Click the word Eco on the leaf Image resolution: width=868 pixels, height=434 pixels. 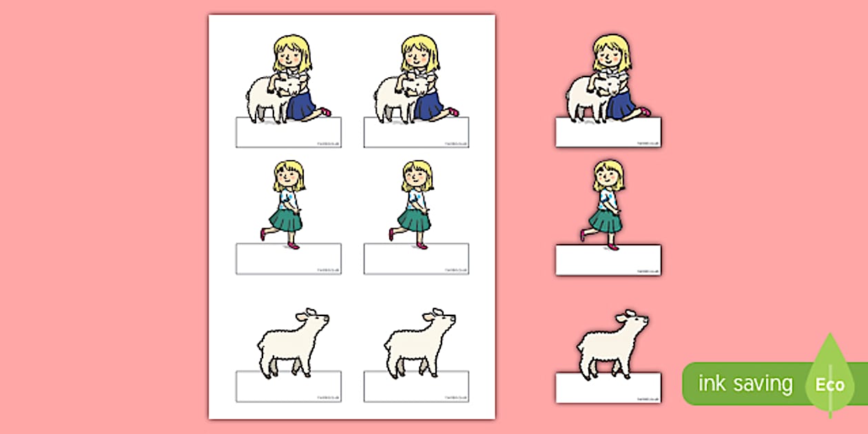[x=830, y=384]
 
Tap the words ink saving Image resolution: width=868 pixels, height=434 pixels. [x=745, y=384]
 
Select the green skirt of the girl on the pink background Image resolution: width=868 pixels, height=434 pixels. [x=606, y=220]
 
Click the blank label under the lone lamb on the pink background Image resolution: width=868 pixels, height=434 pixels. [x=608, y=388]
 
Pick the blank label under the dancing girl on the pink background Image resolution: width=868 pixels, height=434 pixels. [x=608, y=260]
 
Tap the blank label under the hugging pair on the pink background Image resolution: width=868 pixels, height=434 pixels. [x=608, y=132]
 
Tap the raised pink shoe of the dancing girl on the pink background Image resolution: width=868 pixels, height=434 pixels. [x=583, y=236]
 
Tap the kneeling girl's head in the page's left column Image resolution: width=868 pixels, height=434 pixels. [x=292, y=54]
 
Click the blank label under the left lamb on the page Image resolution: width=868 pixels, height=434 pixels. [x=289, y=386]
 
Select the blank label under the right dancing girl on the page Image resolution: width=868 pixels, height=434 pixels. [x=416, y=258]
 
